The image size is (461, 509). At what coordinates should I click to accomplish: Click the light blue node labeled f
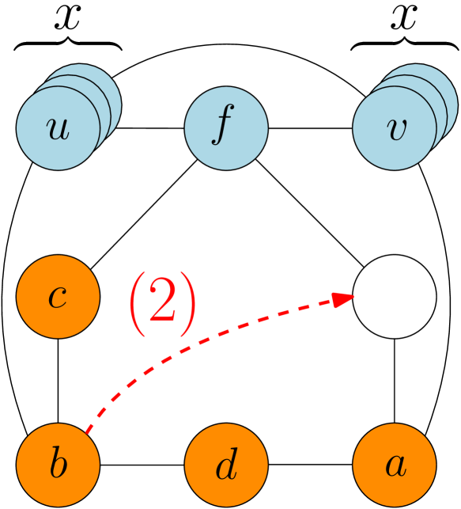(x=226, y=128)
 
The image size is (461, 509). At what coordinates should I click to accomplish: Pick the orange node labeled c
(x=58, y=297)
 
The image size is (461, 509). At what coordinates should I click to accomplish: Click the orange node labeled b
(x=58, y=465)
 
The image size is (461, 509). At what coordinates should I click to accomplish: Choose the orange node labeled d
(x=226, y=465)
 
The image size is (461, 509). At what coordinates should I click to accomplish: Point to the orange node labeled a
(x=395, y=465)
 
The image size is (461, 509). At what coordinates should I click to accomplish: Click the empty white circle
(x=395, y=297)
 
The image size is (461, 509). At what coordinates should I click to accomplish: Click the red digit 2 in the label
(x=162, y=303)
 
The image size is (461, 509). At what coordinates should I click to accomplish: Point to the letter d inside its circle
(x=226, y=466)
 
